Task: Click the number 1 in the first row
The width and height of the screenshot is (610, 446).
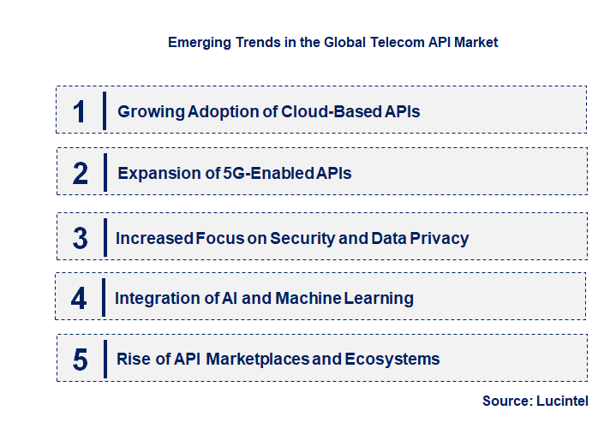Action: coord(80,111)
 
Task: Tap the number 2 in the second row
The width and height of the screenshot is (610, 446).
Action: coord(81,173)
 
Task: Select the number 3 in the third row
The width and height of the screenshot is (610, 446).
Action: coord(81,238)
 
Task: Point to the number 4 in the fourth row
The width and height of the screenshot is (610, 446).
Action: coord(80,298)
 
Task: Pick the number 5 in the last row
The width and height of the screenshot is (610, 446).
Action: coord(81,360)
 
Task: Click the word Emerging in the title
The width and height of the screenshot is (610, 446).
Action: coord(198,42)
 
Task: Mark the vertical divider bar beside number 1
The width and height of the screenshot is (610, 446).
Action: coord(104,110)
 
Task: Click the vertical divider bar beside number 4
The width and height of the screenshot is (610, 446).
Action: coord(104,297)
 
